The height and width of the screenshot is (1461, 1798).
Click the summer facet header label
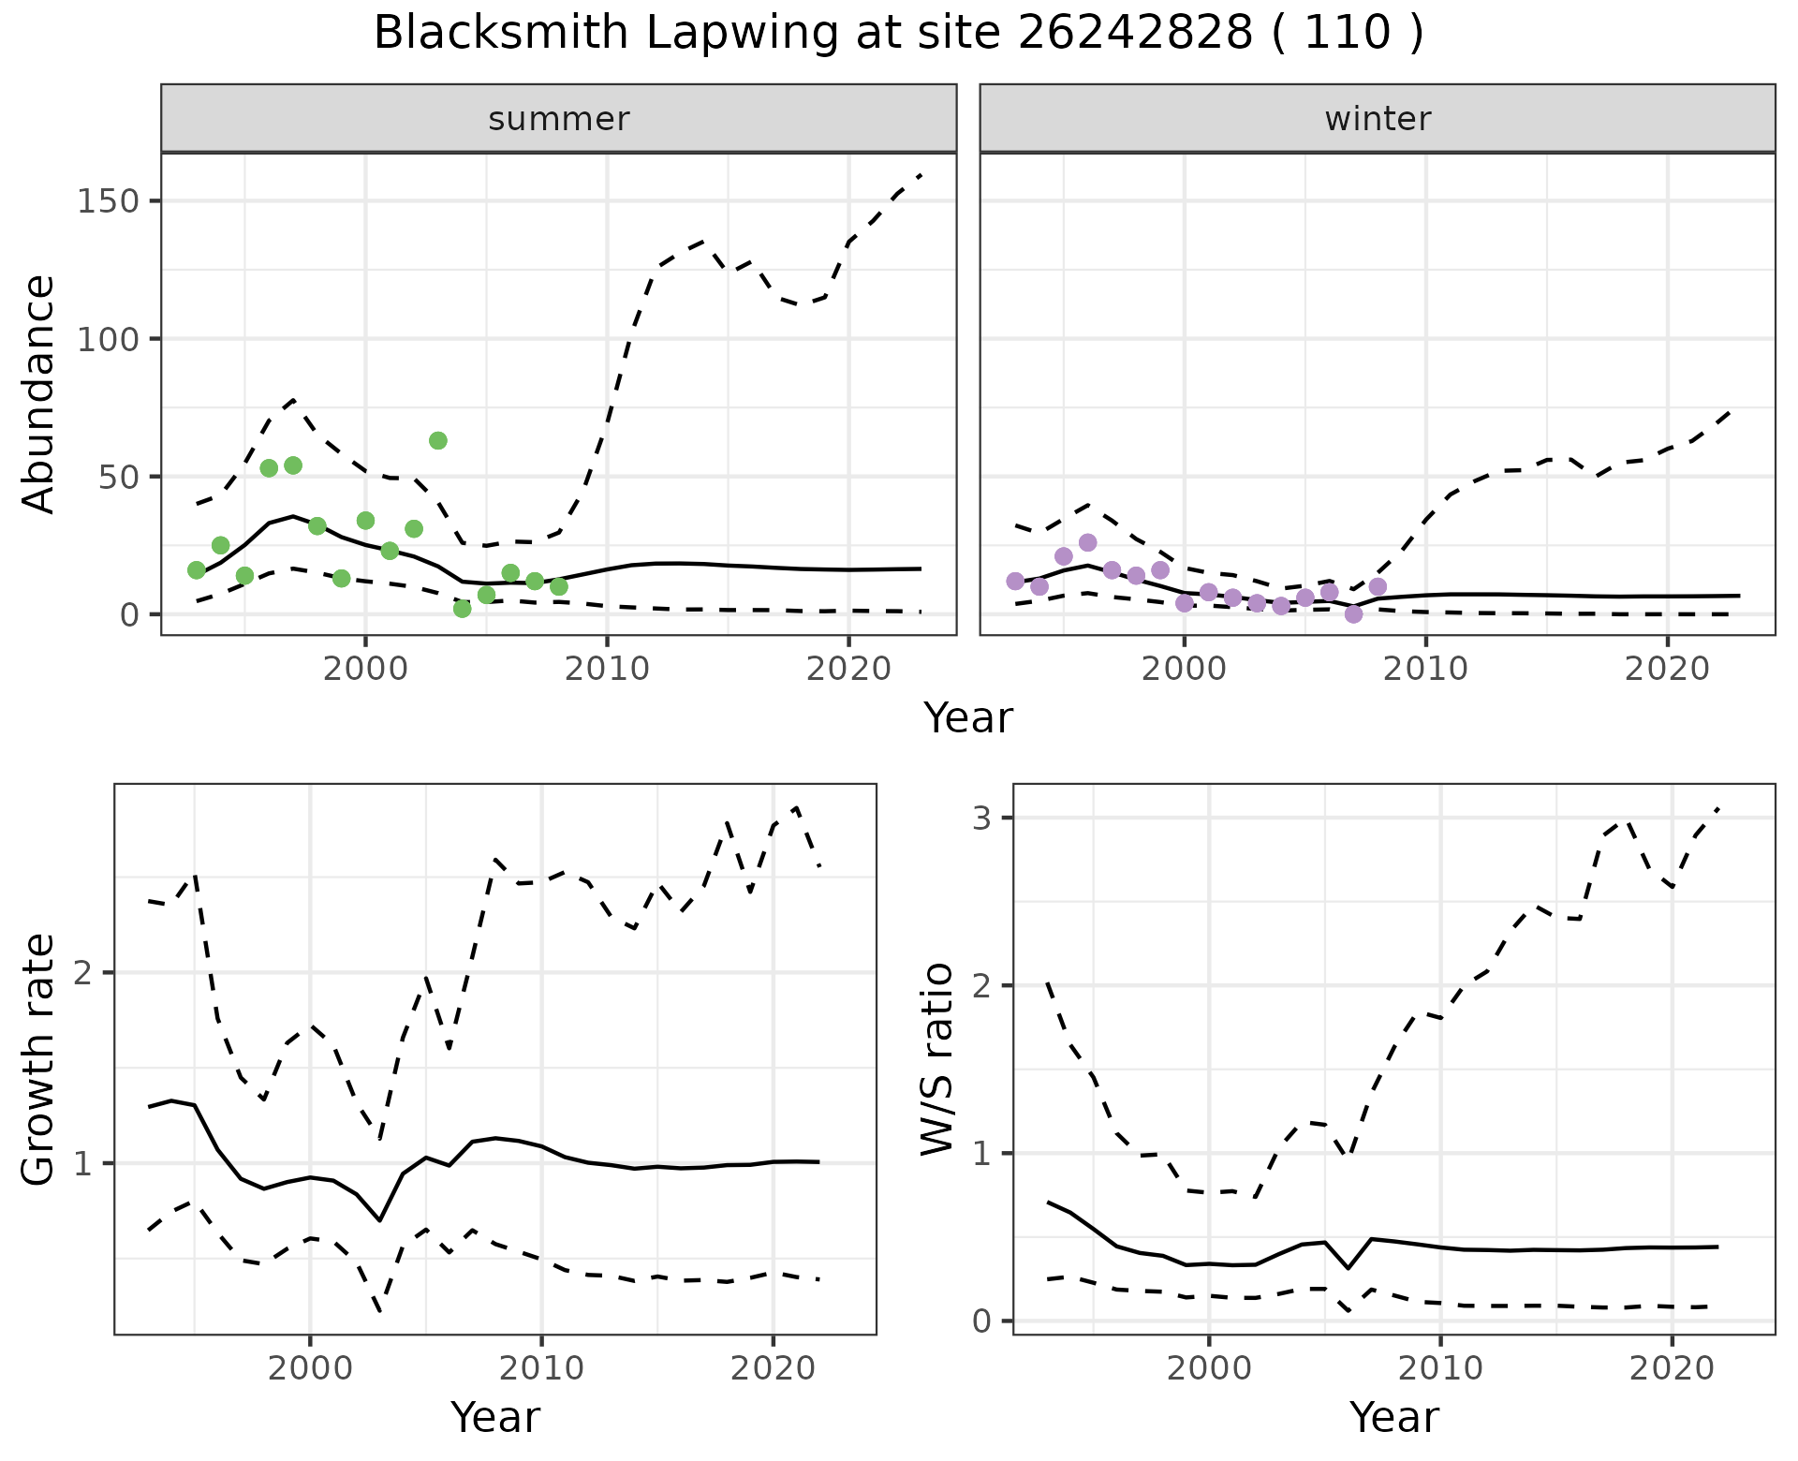(559, 119)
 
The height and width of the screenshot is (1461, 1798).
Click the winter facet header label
(1378, 119)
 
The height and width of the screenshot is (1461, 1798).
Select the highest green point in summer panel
(437, 440)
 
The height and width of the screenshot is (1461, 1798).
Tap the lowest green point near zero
(462, 609)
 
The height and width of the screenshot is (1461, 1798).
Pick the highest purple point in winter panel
(1087, 542)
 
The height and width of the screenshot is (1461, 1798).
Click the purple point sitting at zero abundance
(1353, 614)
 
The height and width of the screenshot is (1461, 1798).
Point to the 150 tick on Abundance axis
(109, 201)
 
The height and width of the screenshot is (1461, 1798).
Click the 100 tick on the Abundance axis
(109, 339)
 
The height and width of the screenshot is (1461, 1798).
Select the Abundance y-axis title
(39, 393)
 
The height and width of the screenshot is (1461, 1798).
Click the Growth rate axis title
(39, 1059)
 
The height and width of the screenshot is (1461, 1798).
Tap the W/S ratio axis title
(937, 1059)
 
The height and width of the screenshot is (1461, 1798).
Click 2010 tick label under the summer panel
(607, 669)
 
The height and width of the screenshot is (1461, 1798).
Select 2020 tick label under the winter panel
(1666, 669)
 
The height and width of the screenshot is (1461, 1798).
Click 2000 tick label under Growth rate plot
(310, 1368)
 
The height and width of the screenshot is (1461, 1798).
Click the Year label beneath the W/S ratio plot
(1394, 1418)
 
